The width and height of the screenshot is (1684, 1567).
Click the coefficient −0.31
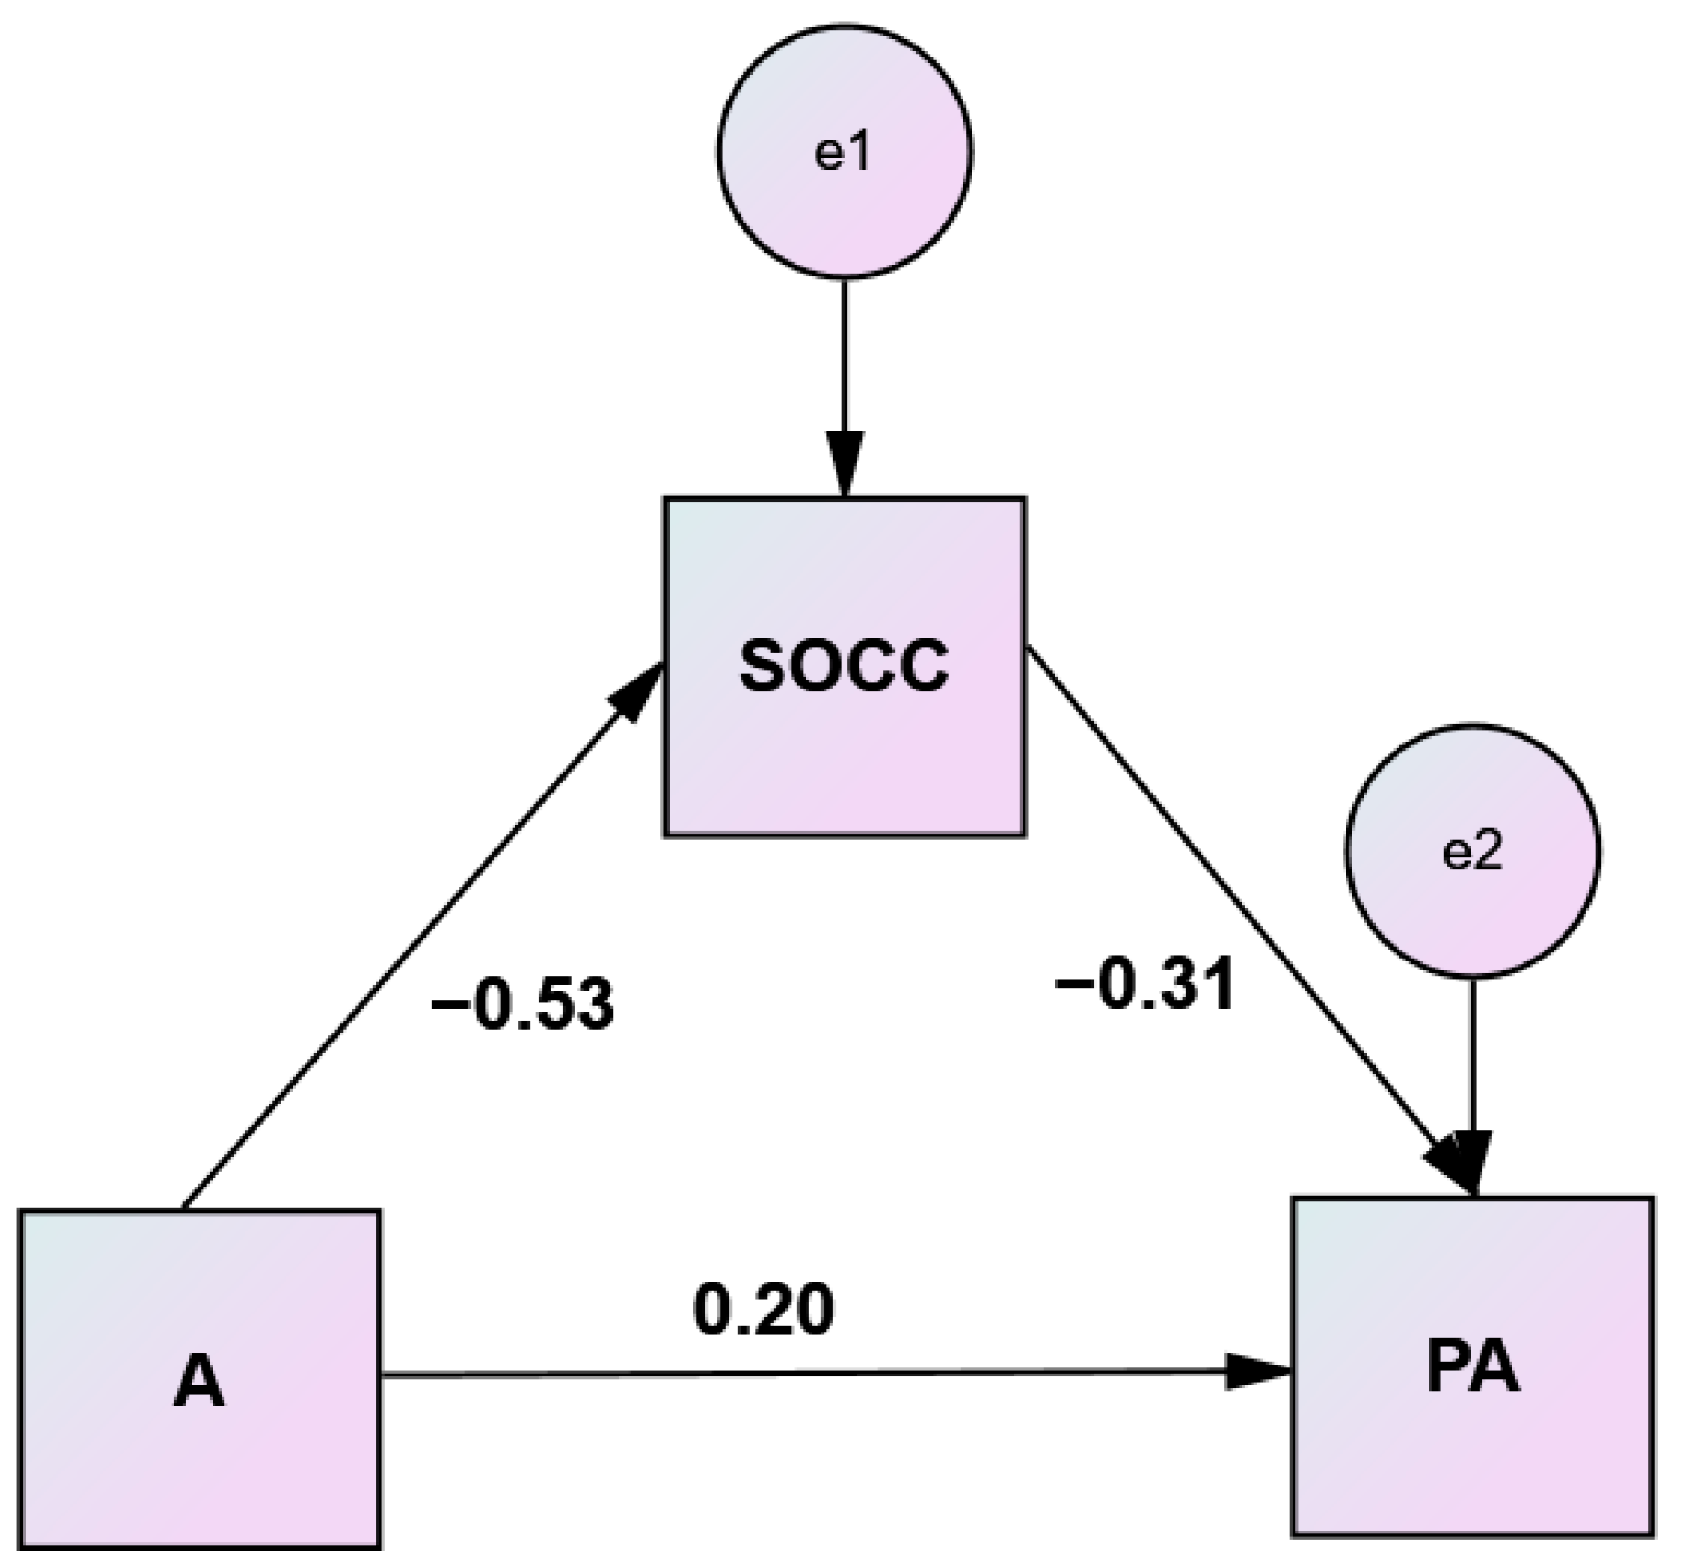pyautogui.click(x=1144, y=986)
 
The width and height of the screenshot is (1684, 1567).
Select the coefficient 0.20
pyautogui.click(x=764, y=1311)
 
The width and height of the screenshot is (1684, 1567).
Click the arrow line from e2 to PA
pyautogui.click(x=1471, y=1049)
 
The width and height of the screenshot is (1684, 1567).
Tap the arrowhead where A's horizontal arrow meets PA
pyautogui.click(x=1259, y=1371)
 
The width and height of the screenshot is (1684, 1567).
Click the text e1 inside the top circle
pyautogui.click(x=843, y=153)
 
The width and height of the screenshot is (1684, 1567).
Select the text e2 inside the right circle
pyautogui.click(x=1472, y=852)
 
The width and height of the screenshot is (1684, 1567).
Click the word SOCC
pyautogui.click(x=844, y=666)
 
